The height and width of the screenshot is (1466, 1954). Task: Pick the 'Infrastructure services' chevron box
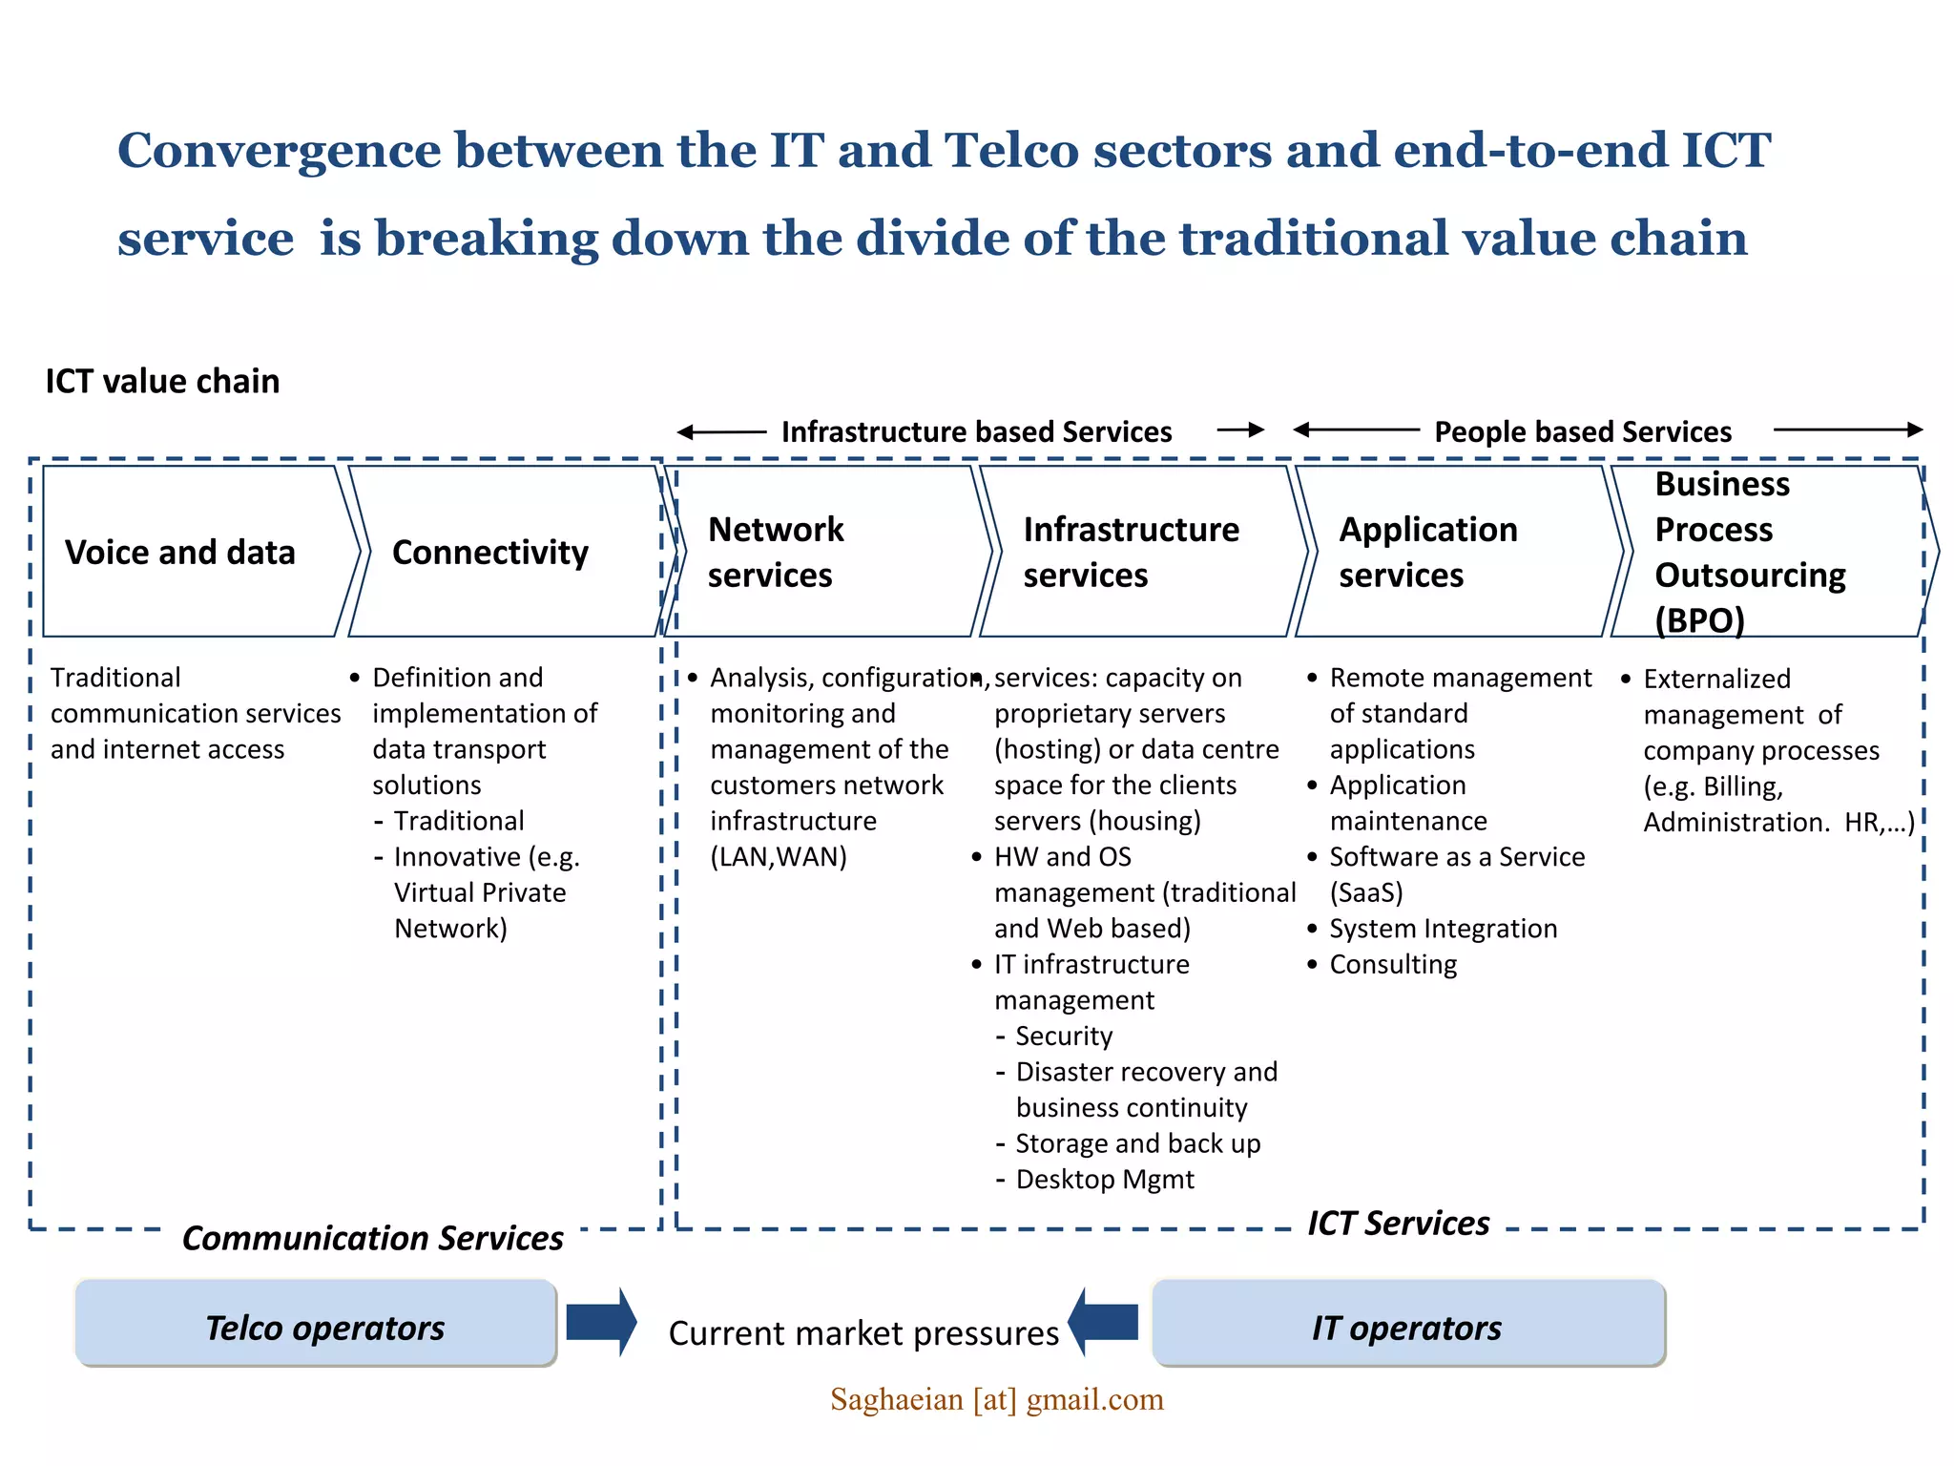[1135, 552]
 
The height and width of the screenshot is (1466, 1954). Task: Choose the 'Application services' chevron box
[1450, 552]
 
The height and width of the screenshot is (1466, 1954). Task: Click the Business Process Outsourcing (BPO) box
[1765, 552]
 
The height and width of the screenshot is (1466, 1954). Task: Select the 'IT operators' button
[1408, 1326]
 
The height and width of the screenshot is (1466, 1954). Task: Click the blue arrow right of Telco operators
[601, 1322]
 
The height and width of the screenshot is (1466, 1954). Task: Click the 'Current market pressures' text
[863, 1332]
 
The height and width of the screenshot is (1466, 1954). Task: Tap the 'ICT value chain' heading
[163, 381]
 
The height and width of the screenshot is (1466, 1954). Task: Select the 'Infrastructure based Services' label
[976, 431]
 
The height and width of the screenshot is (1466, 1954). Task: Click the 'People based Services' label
[1583, 431]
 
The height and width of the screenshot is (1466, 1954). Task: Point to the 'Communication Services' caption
[373, 1238]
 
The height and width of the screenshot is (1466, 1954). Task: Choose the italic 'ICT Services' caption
[1398, 1223]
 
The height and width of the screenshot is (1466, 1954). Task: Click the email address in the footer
[997, 1399]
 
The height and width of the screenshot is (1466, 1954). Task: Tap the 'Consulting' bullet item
[1393, 964]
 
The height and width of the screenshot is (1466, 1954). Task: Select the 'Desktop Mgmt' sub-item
[1105, 1179]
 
